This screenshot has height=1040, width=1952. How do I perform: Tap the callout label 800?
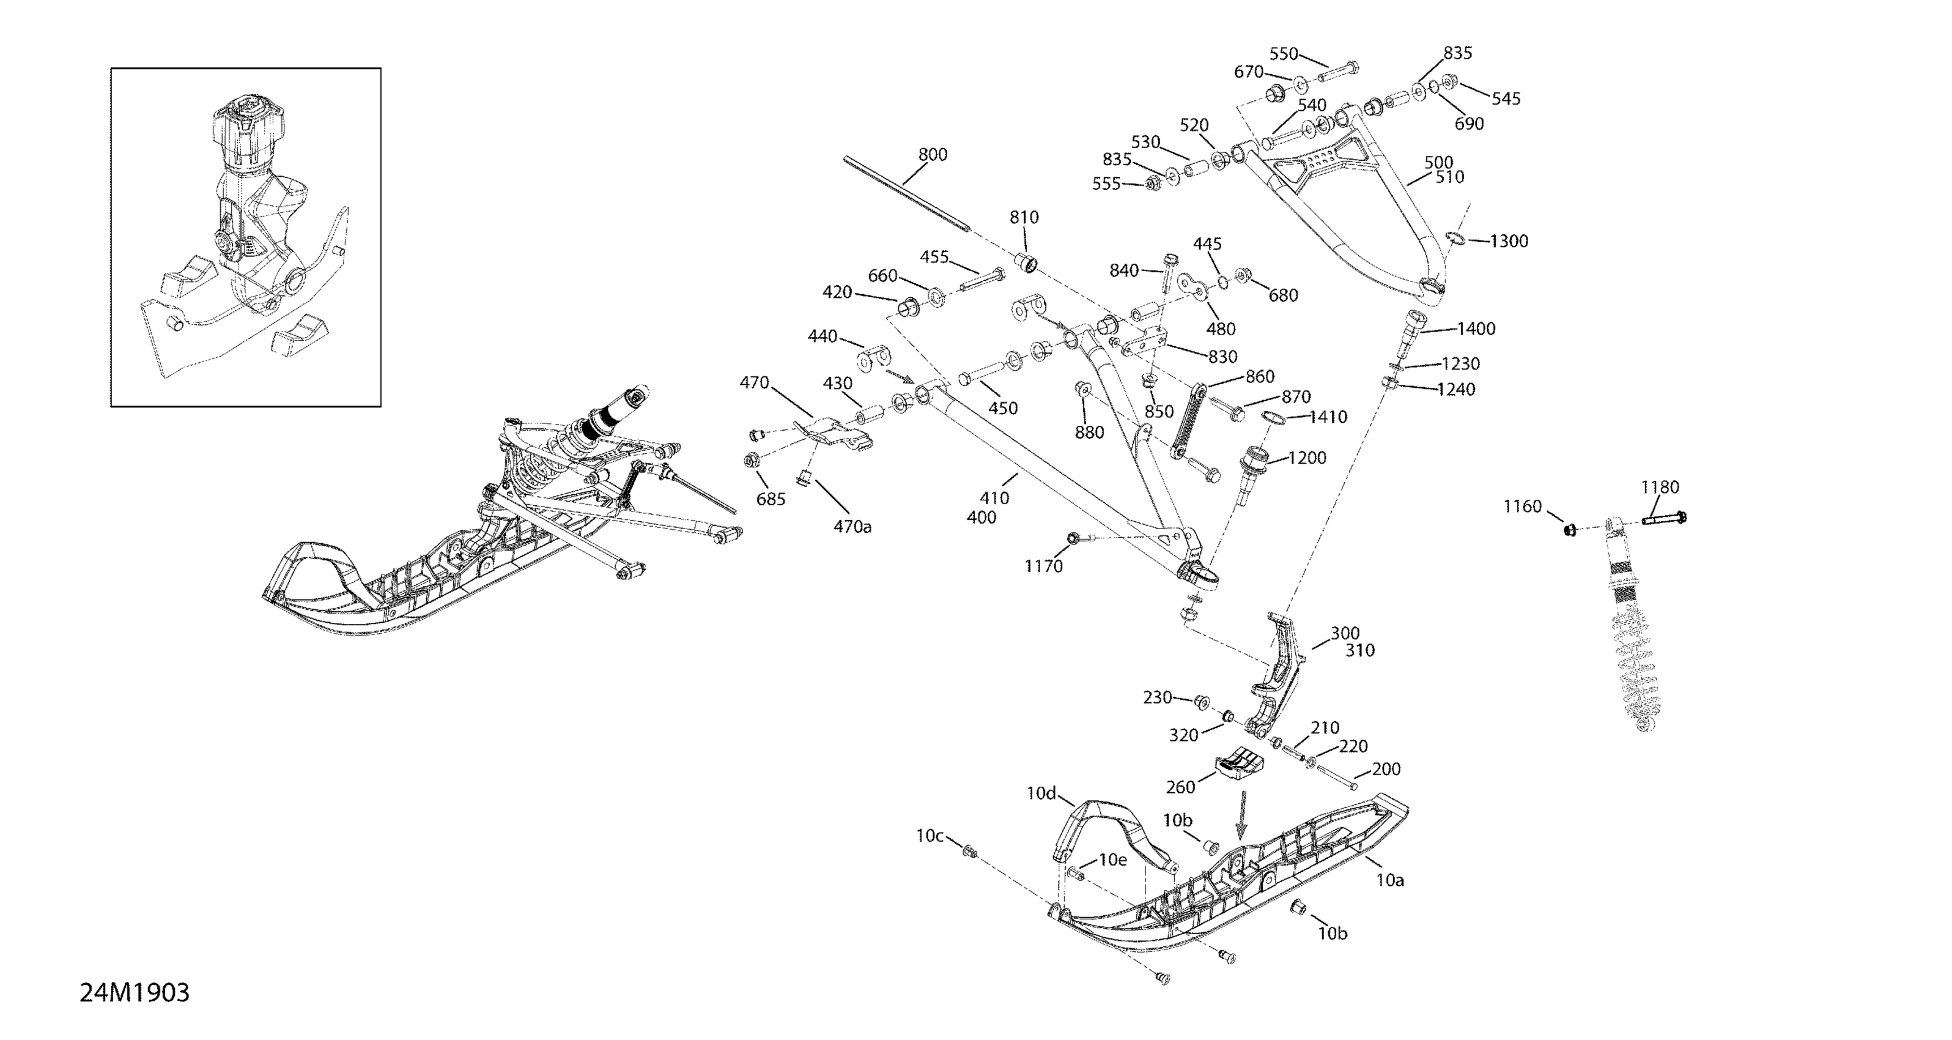tap(933, 155)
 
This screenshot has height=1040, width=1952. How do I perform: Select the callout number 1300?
tap(1509, 242)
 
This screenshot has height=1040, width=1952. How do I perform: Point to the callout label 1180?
tap(1660, 488)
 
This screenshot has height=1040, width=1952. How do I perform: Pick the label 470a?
tap(852, 526)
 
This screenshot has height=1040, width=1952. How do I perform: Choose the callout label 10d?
tap(1041, 793)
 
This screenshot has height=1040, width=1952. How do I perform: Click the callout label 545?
tap(1506, 98)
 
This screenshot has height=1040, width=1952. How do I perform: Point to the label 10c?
tap(930, 836)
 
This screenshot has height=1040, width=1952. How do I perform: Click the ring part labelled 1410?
tap(1274, 418)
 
